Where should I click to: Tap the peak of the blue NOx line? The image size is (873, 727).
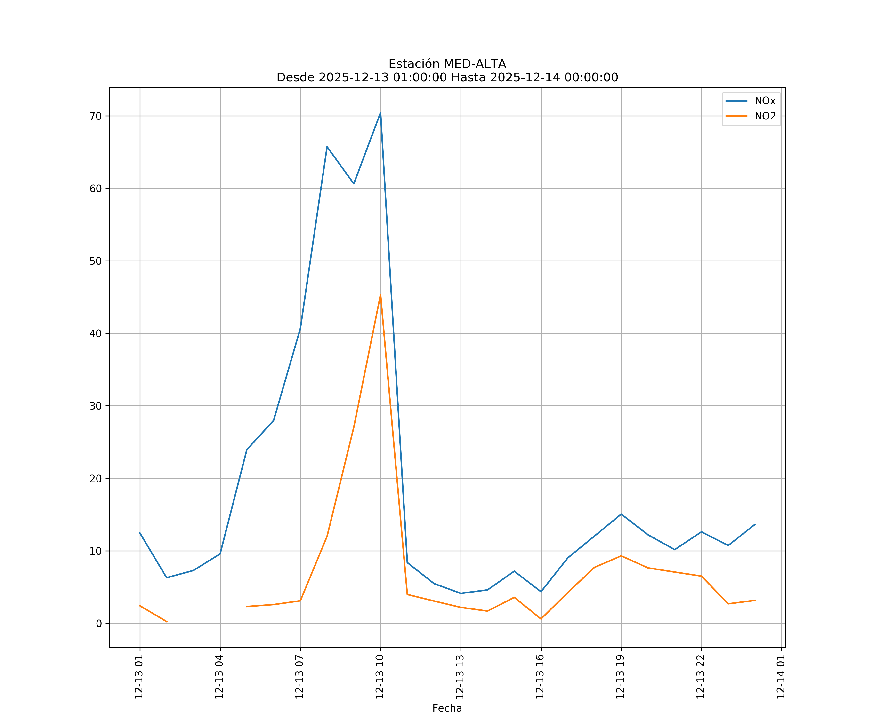coord(380,113)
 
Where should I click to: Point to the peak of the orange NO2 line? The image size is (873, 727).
coord(380,294)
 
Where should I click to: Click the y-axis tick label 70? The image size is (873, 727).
coord(96,116)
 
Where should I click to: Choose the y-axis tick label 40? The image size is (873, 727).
coord(96,334)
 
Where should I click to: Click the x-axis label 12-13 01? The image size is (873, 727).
coord(139,677)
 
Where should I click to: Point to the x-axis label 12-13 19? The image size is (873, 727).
coord(621,677)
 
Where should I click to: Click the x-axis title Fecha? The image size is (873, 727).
coord(447,708)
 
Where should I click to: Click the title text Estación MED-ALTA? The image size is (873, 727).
coord(447,64)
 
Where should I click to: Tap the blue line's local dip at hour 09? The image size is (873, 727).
coord(354,184)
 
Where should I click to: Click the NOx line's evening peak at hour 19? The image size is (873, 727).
coord(621,514)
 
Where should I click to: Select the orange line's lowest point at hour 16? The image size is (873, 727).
coord(541,619)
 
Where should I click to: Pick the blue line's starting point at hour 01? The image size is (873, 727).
coord(140,533)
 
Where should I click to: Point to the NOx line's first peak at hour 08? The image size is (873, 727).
coord(327,147)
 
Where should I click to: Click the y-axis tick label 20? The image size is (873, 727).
coord(96,479)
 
